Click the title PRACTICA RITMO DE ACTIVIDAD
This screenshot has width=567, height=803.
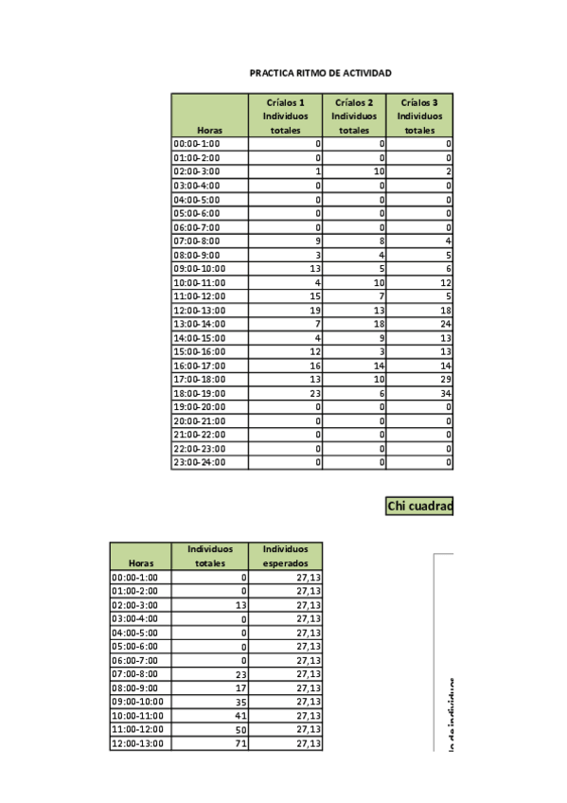pos(320,73)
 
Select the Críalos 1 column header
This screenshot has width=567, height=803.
pos(286,116)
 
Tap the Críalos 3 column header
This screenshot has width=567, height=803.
pos(419,116)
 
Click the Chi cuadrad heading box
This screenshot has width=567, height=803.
pos(419,507)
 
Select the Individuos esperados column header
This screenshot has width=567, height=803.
pos(286,556)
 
